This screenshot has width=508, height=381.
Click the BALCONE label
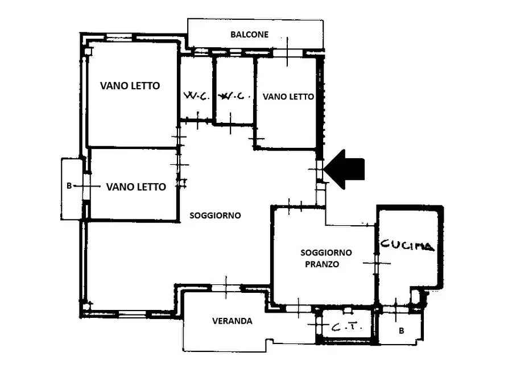[250, 34]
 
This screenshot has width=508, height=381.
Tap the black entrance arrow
[344, 169]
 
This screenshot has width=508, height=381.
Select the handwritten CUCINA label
[407, 245]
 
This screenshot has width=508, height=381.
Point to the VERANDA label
[232, 321]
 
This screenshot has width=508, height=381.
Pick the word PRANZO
[322, 264]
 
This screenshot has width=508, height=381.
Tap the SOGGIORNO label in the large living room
[215, 216]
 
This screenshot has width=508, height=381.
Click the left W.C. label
[197, 96]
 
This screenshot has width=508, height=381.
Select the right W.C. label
[234, 96]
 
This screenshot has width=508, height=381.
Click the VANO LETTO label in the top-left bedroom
[130, 86]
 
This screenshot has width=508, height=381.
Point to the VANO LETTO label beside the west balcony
[136, 187]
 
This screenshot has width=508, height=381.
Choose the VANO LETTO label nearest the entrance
[288, 97]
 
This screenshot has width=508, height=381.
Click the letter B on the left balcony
[69, 186]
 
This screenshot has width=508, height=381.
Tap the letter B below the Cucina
[402, 331]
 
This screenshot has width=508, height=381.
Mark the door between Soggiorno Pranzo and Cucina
[377, 263]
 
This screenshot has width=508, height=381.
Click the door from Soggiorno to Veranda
[226, 288]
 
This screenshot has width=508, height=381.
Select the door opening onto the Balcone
[287, 52]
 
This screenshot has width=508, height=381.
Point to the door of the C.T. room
[319, 324]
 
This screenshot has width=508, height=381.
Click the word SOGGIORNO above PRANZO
[327, 252]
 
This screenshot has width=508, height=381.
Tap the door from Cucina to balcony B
[395, 310]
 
